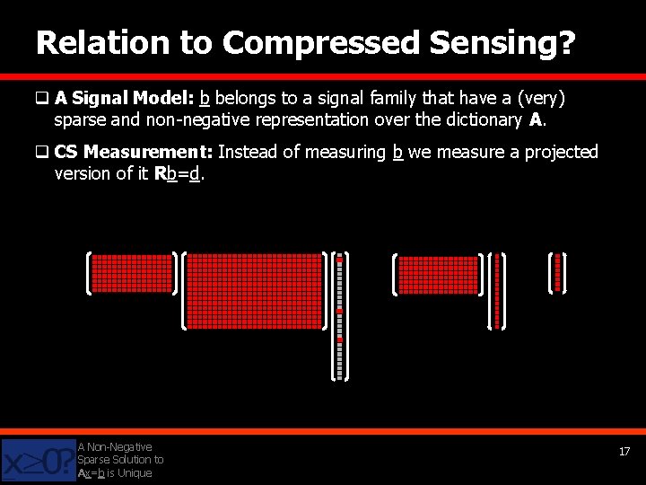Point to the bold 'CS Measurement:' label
134,152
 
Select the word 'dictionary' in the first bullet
481,119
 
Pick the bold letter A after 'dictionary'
536,119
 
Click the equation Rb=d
179,173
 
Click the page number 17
624,452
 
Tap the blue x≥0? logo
38,461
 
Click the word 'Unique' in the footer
134,473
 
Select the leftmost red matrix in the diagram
131,273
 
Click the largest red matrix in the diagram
253,290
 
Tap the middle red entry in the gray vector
339,311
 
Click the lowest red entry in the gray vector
339,339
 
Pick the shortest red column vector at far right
557,272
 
